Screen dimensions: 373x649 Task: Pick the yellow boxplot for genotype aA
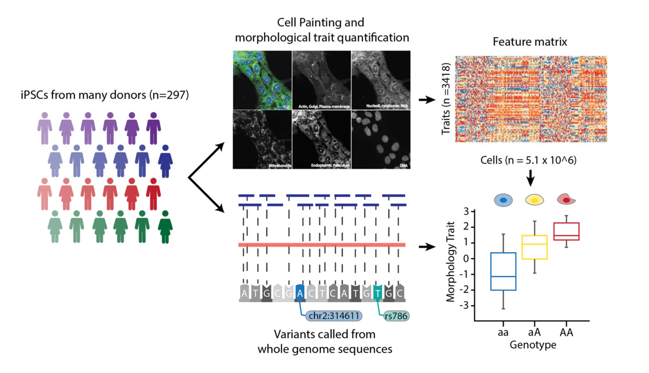click(x=534, y=247)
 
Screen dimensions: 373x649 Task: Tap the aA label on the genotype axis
click(x=534, y=332)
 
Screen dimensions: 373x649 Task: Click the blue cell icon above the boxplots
click(x=503, y=200)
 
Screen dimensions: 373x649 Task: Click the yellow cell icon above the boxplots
click(x=534, y=200)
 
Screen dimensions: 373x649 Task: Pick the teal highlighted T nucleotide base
click(x=378, y=292)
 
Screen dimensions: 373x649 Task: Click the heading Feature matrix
click(x=530, y=42)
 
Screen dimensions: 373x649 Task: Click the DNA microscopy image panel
click(x=380, y=140)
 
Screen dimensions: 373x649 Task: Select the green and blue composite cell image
click(x=262, y=80)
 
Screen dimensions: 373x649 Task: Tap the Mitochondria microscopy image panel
click(x=262, y=140)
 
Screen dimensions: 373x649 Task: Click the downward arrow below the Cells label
click(x=531, y=176)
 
